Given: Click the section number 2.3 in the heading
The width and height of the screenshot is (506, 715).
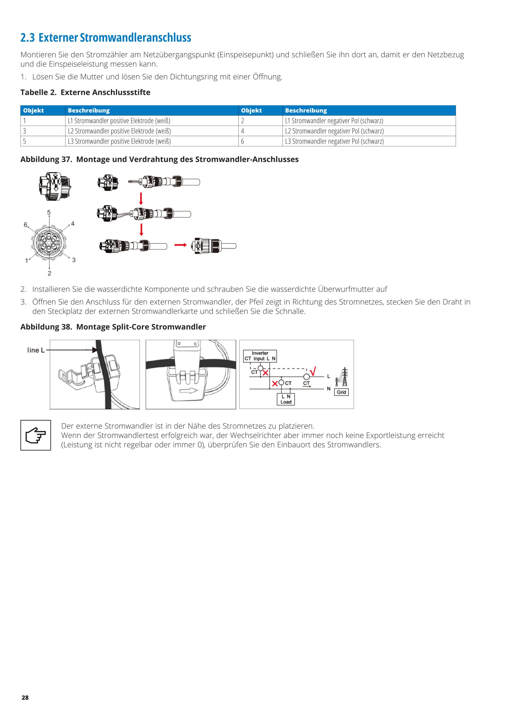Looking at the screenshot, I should tap(27, 38).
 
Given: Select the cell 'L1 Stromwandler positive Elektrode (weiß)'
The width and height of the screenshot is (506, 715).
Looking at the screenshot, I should tap(119, 121).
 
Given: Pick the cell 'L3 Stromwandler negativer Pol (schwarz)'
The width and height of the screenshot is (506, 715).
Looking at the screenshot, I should tap(334, 141).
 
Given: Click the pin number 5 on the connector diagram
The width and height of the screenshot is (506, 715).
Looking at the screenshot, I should tap(49, 212).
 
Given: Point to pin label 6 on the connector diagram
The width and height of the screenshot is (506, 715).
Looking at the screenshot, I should tap(25, 225).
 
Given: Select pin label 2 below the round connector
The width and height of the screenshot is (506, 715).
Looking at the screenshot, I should tap(49, 273).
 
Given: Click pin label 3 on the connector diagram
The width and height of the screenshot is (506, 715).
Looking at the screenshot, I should tap(74, 260).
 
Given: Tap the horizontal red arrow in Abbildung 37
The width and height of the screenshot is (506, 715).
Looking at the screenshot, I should tap(180, 245).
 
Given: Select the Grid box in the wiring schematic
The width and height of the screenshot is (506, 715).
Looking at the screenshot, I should tap(341, 392).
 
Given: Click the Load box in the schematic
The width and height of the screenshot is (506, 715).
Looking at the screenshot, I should tap(286, 399).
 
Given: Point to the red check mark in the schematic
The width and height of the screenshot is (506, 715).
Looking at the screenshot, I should tap(313, 371).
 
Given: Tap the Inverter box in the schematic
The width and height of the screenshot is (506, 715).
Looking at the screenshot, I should tap(260, 356).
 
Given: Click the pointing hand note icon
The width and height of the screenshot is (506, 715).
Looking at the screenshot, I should tap(36, 435).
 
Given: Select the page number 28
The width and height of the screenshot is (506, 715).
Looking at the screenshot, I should tap(25, 698).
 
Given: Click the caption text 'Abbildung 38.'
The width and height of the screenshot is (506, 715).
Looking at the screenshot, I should tap(46, 327).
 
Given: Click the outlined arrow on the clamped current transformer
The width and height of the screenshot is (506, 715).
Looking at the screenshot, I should tap(189, 390).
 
